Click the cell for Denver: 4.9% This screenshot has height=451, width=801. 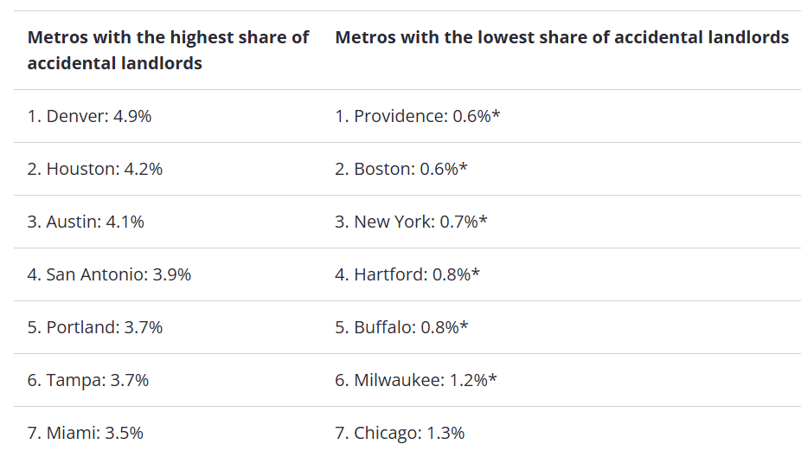(x=89, y=116)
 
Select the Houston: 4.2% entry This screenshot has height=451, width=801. (x=95, y=169)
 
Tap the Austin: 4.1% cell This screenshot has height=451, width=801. (x=86, y=222)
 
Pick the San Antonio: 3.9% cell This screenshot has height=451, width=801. (x=109, y=274)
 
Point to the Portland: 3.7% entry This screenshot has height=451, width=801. (x=95, y=327)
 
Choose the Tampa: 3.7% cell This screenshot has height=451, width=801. (x=88, y=380)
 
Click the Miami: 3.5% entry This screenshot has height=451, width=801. (x=86, y=433)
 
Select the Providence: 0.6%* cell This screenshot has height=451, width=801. (x=418, y=116)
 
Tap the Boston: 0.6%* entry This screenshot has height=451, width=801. (x=401, y=169)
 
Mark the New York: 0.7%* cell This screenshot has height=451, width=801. (x=411, y=222)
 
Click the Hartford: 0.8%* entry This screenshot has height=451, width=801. (x=407, y=274)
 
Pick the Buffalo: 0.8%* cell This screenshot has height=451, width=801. (x=401, y=327)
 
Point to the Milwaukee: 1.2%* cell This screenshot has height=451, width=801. (x=416, y=380)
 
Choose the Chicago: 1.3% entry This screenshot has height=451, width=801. (x=400, y=433)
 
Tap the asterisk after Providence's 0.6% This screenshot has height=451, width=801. (x=497, y=113)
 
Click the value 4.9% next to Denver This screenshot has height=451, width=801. (x=132, y=116)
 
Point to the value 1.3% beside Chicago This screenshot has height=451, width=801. (x=445, y=433)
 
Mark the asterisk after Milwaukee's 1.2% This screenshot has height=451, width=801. (x=493, y=377)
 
